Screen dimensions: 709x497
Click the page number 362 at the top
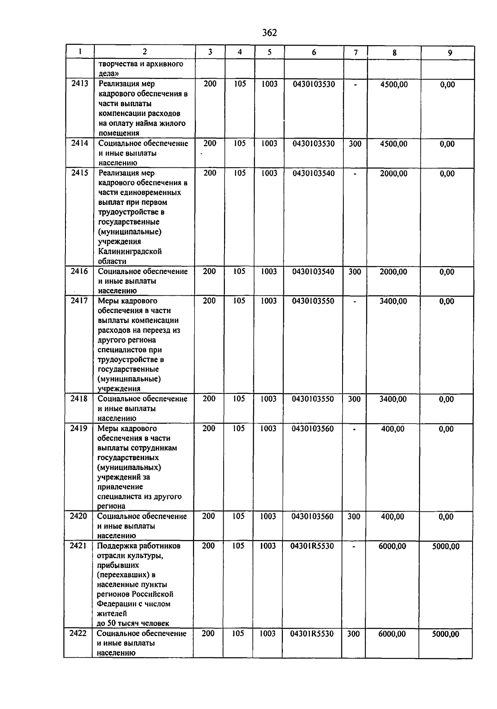(270, 33)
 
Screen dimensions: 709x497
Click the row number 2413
(80, 84)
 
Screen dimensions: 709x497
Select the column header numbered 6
(314, 52)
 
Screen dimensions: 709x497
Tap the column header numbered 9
(450, 53)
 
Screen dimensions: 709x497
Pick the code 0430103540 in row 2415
(314, 173)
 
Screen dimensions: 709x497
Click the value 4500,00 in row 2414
(393, 144)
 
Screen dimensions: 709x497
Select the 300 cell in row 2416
(355, 272)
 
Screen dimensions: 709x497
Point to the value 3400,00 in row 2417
(393, 301)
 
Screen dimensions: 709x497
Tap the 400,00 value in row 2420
(392, 516)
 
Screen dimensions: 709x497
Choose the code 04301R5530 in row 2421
(312, 546)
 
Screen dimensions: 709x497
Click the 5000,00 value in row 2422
(445, 634)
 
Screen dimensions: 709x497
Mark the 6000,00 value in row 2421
(392, 546)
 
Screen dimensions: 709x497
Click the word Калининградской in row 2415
(130, 251)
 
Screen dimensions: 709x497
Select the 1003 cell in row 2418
(268, 399)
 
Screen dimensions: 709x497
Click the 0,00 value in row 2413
(447, 84)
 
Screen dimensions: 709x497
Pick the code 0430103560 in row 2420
(312, 516)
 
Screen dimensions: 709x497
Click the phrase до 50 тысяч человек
(133, 623)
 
